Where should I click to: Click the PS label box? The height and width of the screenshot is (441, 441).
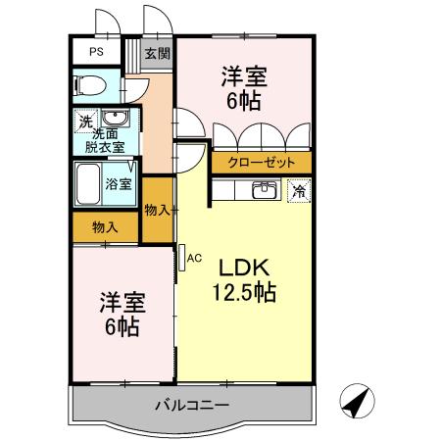pyautogui.click(x=97, y=52)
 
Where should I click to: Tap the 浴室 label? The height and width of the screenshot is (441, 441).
pyautogui.click(x=119, y=182)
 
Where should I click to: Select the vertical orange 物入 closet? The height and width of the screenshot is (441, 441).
pyautogui.click(x=157, y=209)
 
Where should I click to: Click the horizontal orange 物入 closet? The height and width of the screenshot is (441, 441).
pyautogui.click(x=105, y=226)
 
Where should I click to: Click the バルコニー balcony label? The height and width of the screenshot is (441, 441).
pyautogui.click(x=191, y=404)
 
